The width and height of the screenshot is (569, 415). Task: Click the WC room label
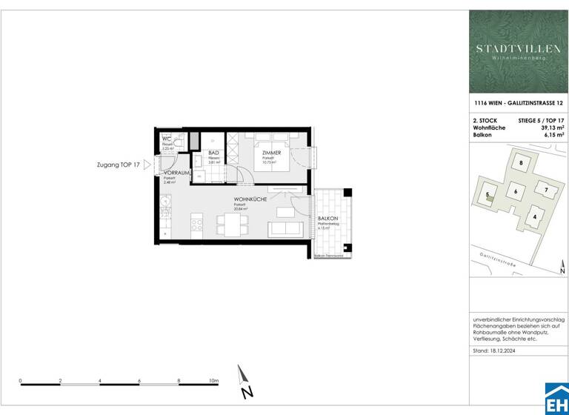click(x=167, y=138)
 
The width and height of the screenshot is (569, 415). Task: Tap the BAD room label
click(x=213, y=152)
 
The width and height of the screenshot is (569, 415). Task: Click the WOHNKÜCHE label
click(x=250, y=199)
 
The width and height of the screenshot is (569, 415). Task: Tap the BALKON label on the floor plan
click(x=327, y=219)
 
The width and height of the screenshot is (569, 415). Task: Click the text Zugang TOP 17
click(x=117, y=165)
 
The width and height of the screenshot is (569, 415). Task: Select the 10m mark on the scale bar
click(x=213, y=380)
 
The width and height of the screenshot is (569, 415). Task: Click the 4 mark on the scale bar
click(x=99, y=380)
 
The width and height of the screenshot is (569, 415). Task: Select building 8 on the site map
click(x=521, y=163)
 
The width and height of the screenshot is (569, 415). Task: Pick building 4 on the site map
click(x=534, y=216)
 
